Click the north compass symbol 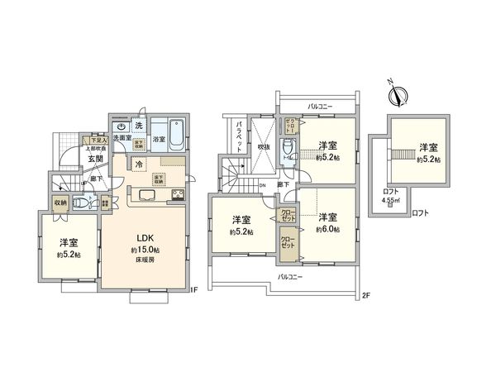(399, 94)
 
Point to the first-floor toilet (80, 202)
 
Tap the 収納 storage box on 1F (61, 202)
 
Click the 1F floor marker (195, 290)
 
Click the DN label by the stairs (261, 185)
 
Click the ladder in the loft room (404, 154)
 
